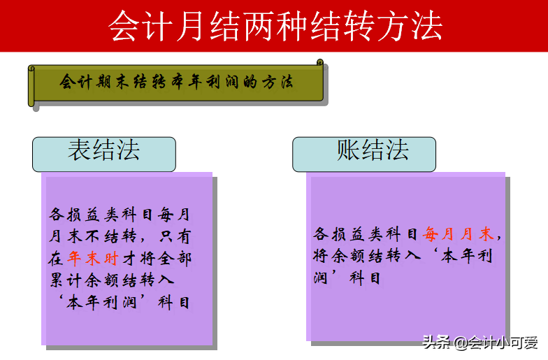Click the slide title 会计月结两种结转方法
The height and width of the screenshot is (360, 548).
[x=275, y=26]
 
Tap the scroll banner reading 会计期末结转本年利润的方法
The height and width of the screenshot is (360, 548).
[x=177, y=82]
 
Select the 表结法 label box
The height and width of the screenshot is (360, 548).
[x=103, y=152]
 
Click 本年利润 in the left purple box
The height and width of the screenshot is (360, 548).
[x=110, y=303]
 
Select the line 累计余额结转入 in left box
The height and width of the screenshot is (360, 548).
[x=112, y=281]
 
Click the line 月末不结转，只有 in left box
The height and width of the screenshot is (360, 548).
[x=119, y=236]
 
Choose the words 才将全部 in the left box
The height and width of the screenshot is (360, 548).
[x=157, y=259]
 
